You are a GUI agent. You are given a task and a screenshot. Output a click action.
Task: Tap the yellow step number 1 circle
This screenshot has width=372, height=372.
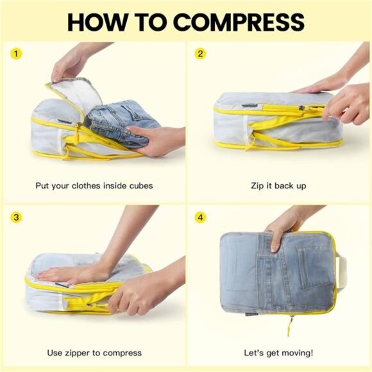tap(17, 54)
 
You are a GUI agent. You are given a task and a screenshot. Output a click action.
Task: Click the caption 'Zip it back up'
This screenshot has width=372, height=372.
tap(278, 186)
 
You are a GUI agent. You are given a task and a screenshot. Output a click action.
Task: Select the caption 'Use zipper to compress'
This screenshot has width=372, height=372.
tap(94, 353)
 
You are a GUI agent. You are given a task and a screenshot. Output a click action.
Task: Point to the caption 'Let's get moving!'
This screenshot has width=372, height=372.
tap(278, 353)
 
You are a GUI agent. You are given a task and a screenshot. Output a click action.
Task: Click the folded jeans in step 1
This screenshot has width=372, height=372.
tap(122, 119)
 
